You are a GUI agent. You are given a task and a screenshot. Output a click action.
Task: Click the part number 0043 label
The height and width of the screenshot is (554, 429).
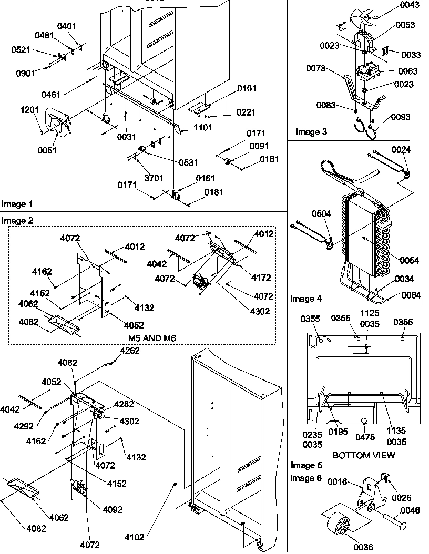click(x=410, y=5)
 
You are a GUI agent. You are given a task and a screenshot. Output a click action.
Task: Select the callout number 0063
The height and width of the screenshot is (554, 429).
click(x=408, y=71)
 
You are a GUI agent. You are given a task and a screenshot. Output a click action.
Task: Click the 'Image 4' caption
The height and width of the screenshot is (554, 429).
click(x=306, y=299)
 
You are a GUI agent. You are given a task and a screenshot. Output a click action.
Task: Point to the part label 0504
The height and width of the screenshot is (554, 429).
click(x=322, y=214)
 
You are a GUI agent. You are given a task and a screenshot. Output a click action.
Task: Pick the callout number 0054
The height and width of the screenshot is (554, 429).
click(x=410, y=261)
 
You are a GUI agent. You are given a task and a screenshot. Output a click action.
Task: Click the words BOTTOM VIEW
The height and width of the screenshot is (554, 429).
click(x=364, y=455)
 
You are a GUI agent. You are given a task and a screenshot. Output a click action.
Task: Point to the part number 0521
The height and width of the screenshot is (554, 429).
click(x=22, y=50)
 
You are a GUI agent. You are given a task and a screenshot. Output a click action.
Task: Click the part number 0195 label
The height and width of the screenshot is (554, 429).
click(x=339, y=432)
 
